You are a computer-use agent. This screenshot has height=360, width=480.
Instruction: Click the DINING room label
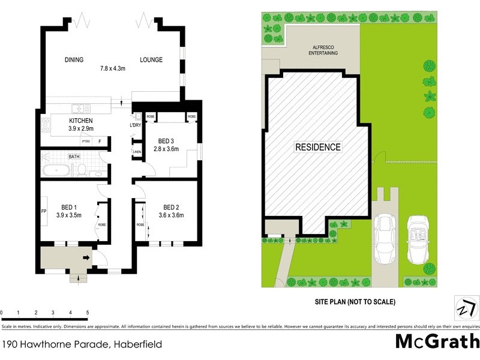[74, 60]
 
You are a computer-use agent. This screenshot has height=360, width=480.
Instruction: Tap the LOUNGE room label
[151, 60]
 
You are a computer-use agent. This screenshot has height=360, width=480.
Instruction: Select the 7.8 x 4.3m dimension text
[112, 68]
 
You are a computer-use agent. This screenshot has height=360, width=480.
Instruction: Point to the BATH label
[74, 157]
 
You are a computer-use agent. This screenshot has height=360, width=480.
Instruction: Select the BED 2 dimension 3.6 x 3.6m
[171, 215]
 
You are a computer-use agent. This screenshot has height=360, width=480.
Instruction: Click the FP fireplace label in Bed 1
[44, 212]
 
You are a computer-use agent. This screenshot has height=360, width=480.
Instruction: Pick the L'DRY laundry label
[136, 125]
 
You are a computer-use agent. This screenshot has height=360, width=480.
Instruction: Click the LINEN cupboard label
[137, 152]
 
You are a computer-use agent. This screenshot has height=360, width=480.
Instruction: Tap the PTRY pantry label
[86, 142]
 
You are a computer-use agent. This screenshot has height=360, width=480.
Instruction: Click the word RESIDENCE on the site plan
[317, 147]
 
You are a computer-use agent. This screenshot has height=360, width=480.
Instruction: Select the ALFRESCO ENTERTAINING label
[323, 50]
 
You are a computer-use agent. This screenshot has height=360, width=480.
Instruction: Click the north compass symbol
[464, 308]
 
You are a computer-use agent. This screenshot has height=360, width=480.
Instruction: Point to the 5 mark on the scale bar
[88, 313]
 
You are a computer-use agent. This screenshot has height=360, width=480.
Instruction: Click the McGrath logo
[437, 341]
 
